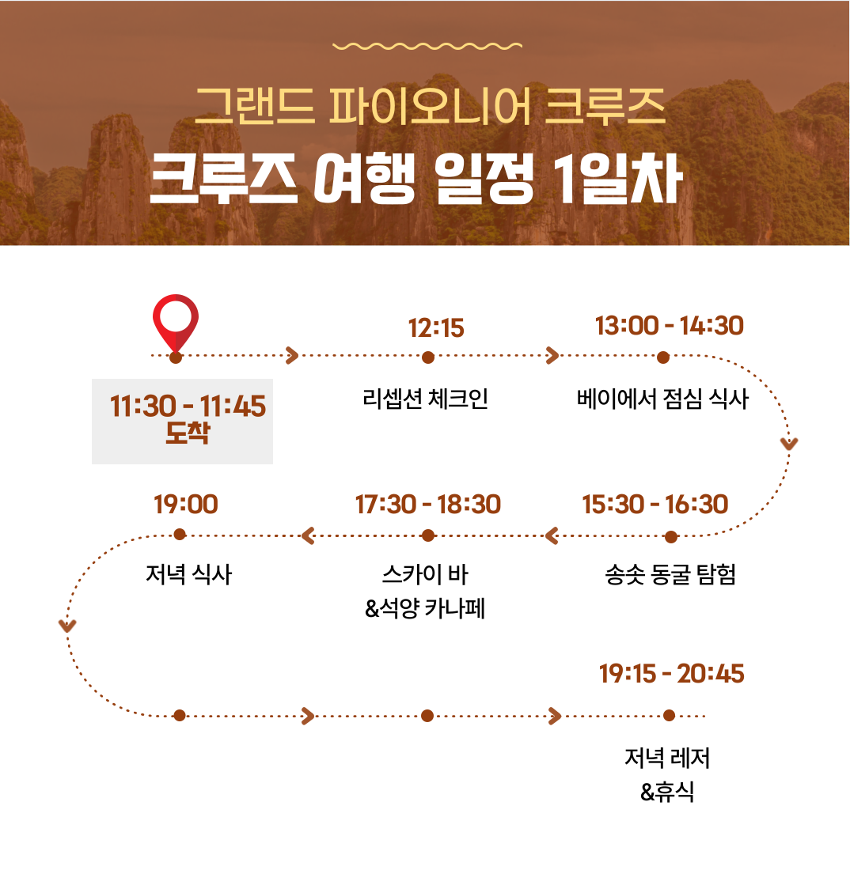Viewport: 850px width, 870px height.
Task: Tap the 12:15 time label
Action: [x=436, y=328]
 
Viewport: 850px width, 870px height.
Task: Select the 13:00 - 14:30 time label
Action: [x=669, y=326]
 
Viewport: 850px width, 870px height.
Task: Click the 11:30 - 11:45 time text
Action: [x=188, y=406]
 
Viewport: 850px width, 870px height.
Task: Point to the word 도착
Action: [x=188, y=433]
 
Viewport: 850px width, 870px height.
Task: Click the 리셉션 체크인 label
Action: [x=425, y=399]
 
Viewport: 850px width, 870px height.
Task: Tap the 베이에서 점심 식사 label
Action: [x=662, y=399]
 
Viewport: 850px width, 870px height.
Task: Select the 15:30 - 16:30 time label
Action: [x=655, y=505]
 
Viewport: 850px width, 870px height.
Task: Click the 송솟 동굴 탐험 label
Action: [x=670, y=574]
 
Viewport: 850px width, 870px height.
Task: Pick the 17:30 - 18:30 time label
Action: [x=428, y=505]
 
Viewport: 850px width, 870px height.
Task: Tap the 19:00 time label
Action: [x=185, y=505]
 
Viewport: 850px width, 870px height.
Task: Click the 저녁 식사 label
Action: [x=189, y=574]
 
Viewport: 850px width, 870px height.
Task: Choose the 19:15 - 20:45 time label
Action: [x=672, y=674]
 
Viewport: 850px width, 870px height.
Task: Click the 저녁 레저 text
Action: [x=667, y=758]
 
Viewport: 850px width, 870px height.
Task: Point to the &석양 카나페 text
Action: [x=425, y=608]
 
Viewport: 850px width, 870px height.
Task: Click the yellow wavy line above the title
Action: [x=427, y=46]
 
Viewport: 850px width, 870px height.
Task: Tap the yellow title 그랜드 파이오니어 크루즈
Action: [x=431, y=105]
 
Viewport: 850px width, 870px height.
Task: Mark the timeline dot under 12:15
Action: [x=427, y=357]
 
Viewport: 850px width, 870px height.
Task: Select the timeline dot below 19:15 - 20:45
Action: [x=669, y=716]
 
